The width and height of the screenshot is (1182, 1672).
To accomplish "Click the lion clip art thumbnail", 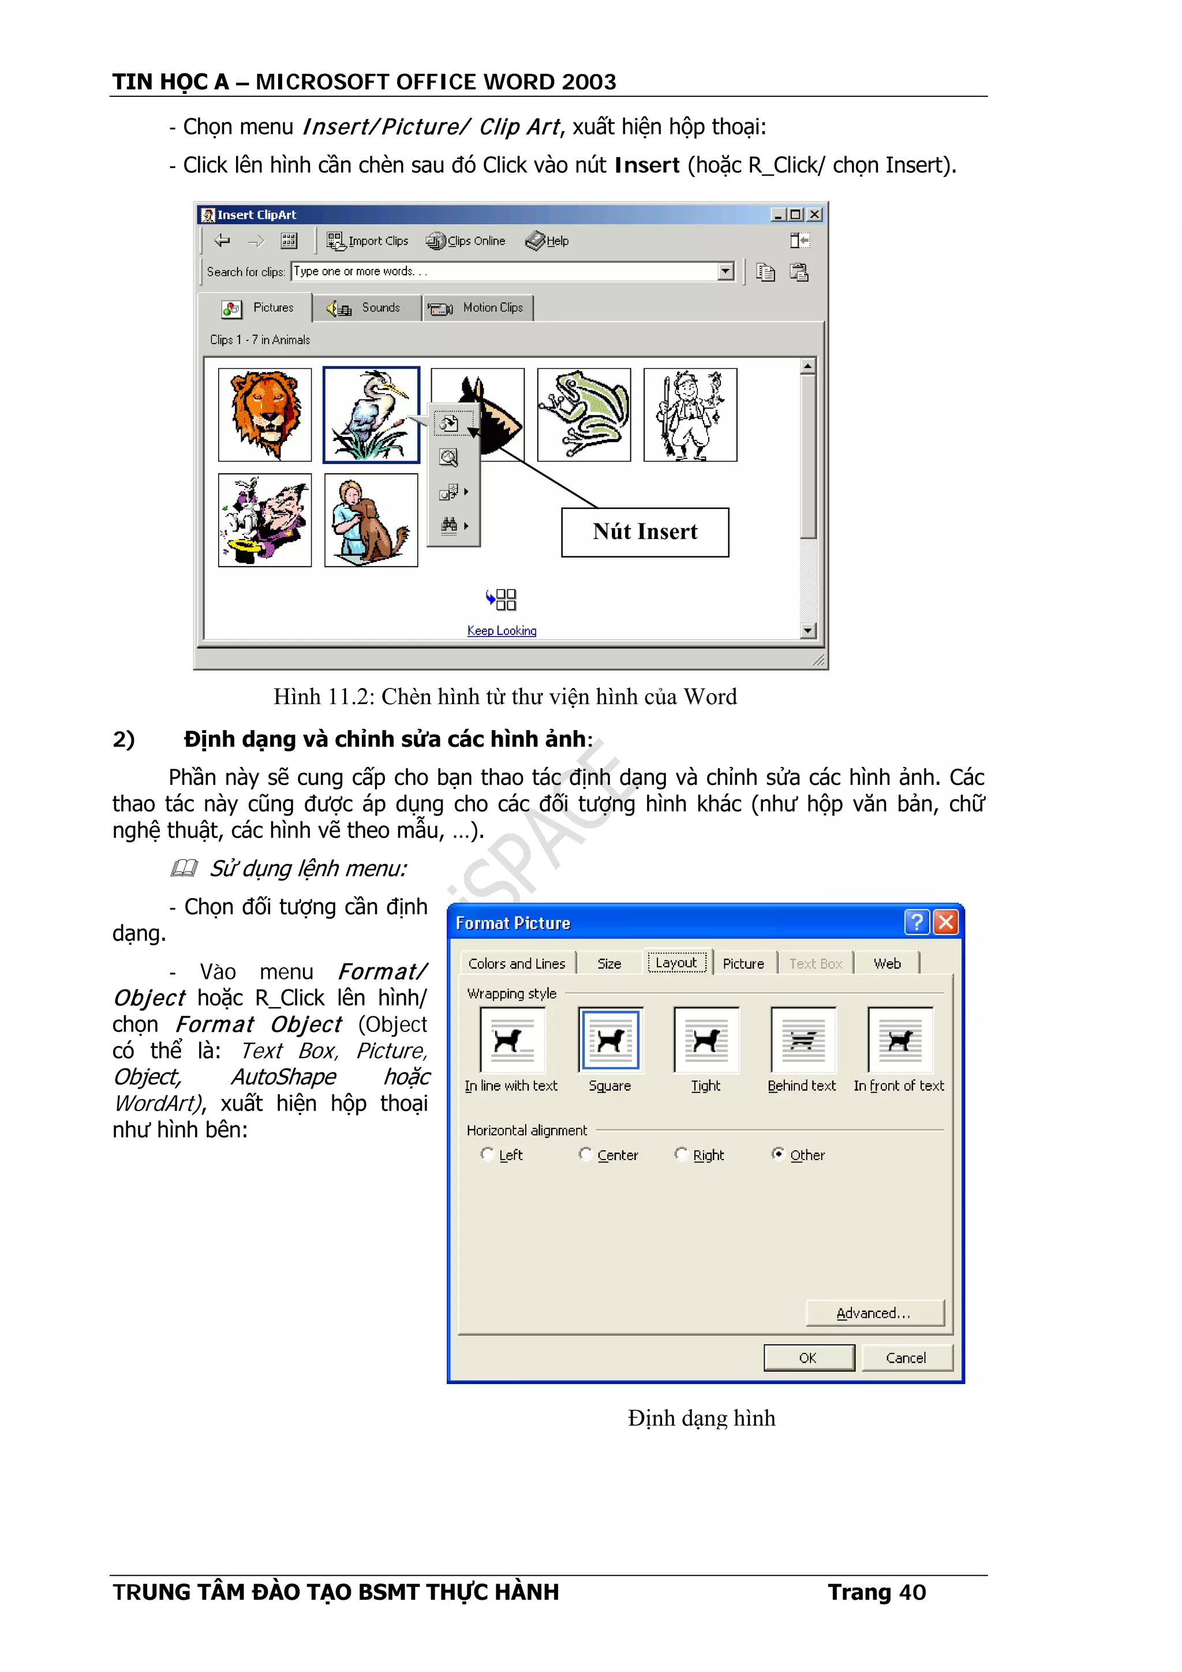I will click(x=264, y=414).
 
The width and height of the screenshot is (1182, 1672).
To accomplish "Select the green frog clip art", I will click(x=583, y=414).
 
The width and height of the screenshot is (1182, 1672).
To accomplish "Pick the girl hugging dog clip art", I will click(x=371, y=520).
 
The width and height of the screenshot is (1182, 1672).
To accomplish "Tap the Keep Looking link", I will click(x=502, y=631).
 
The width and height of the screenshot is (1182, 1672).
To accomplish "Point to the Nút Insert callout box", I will click(x=645, y=532).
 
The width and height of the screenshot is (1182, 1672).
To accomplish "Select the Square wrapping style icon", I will click(x=609, y=1040).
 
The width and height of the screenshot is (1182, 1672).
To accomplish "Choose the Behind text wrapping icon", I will click(x=803, y=1040).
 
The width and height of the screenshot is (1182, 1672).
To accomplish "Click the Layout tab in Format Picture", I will click(x=676, y=963).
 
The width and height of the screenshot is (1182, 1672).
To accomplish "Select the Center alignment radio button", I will click(x=585, y=1154).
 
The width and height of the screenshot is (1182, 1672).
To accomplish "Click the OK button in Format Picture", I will click(x=809, y=1357).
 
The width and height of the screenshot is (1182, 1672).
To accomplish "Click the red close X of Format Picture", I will click(x=945, y=923).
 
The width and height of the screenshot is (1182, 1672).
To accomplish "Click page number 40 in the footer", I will click(x=912, y=1592).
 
